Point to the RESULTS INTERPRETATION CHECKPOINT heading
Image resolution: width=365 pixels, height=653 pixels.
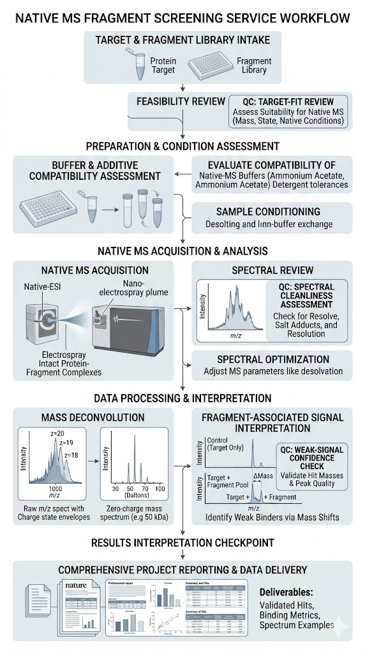(182, 543)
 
